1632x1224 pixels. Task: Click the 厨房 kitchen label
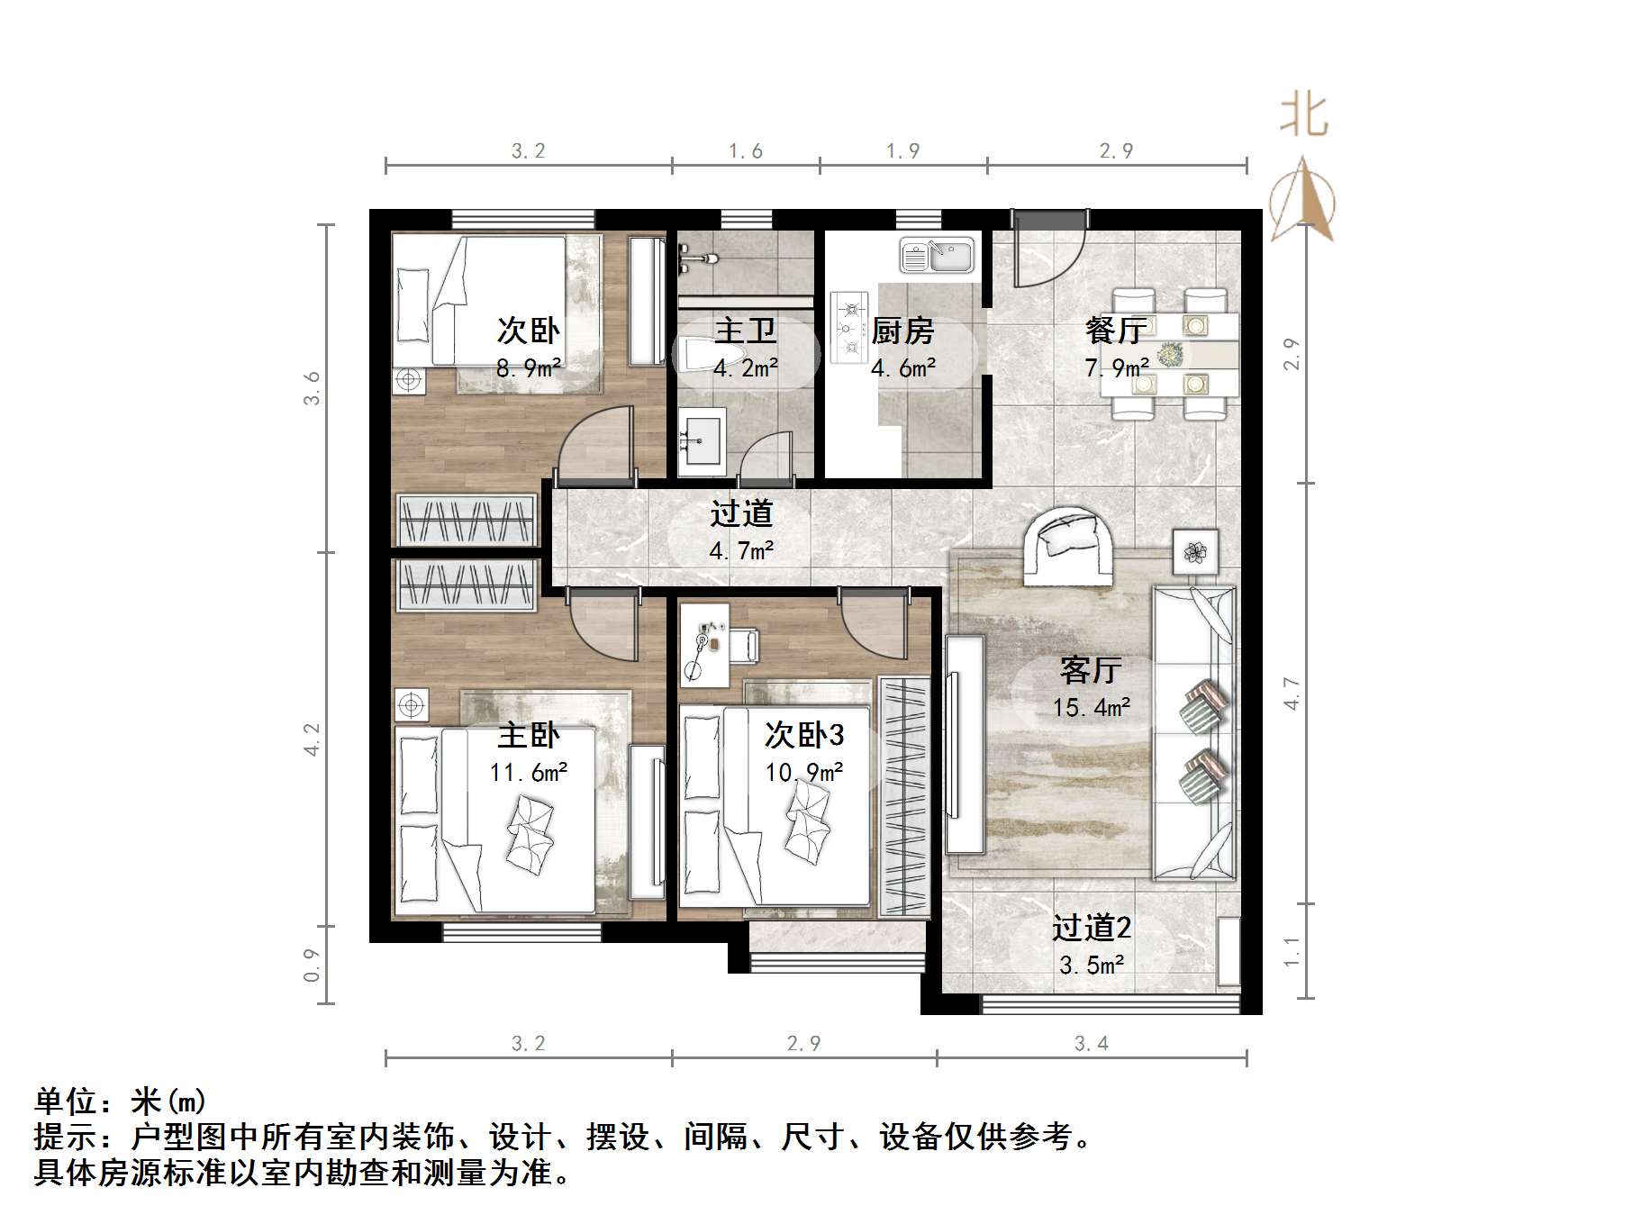click(x=902, y=331)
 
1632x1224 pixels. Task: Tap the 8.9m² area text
click(x=529, y=367)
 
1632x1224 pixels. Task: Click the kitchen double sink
click(x=937, y=256)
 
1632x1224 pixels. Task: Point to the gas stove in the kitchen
click(x=848, y=327)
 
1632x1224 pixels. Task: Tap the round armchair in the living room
click(x=1068, y=545)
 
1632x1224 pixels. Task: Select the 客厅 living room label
click(x=1090, y=670)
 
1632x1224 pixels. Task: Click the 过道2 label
click(x=1092, y=928)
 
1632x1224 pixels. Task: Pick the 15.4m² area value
click(x=1092, y=708)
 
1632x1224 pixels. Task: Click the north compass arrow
click(x=1302, y=200)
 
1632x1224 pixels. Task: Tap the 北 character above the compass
click(x=1304, y=116)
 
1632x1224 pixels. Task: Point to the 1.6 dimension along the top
click(x=746, y=151)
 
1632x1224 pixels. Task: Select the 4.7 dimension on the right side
click(x=1292, y=694)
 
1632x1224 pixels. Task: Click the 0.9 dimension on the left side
click(x=312, y=965)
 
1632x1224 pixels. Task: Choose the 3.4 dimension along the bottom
click(x=1092, y=1043)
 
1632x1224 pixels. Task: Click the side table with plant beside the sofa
click(x=1195, y=552)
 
